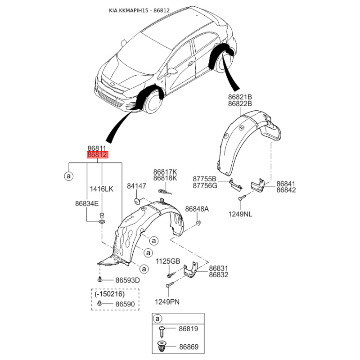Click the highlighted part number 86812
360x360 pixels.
point(97,155)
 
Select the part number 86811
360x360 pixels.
point(97,148)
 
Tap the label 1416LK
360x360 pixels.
point(102,189)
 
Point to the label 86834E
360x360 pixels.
point(87,203)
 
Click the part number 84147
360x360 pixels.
point(137,186)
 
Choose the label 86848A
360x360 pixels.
point(197,209)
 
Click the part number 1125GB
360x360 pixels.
point(168,261)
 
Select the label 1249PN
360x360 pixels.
point(167,302)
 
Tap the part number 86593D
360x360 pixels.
point(127,280)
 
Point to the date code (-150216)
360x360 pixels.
point(109,294)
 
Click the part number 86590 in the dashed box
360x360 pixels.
point(125,304)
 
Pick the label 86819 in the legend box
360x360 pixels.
point(188,329)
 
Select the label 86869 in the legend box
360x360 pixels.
point(189,346)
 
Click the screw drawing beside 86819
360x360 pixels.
point(162,331)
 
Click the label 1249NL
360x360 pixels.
point(240,214)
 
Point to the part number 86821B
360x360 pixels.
point(240,97)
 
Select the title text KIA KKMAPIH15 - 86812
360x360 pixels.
point(139,10)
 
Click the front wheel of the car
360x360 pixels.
point(153,102)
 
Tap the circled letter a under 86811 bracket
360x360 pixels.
point(69,176)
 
